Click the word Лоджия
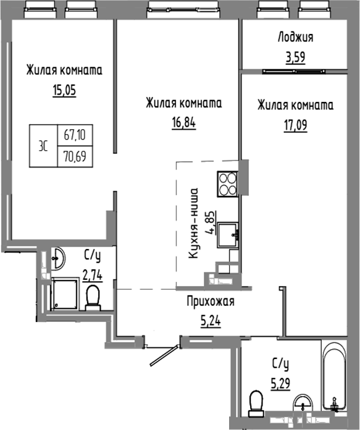(295, 37)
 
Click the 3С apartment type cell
(44, 144)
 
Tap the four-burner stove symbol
(228, 181)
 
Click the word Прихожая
(211, 302)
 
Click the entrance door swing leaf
(162, 355)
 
